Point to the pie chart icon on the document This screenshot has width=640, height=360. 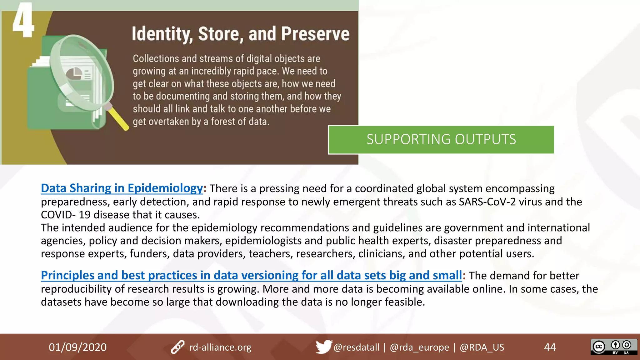(x=74, y=74)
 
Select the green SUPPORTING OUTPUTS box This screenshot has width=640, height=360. (x=441, y=140)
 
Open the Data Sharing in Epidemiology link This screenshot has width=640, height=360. (x=122, y=188)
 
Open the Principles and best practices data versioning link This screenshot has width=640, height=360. (x=251, y=275)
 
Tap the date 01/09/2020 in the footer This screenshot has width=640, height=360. (x=77, y=347)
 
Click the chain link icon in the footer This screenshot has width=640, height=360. (x=177, y=347)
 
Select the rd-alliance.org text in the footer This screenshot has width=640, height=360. (x=220, y=347)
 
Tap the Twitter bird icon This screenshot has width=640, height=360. (x=323, y=347)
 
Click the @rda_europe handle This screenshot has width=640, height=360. (x=419, y=347)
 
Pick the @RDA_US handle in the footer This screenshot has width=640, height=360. (x=482, y=347)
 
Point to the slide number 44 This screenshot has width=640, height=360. (x=550, y=347)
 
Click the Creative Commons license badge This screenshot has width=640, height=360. (x=613, y=347)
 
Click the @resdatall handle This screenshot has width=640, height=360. (x=356, y=347)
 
